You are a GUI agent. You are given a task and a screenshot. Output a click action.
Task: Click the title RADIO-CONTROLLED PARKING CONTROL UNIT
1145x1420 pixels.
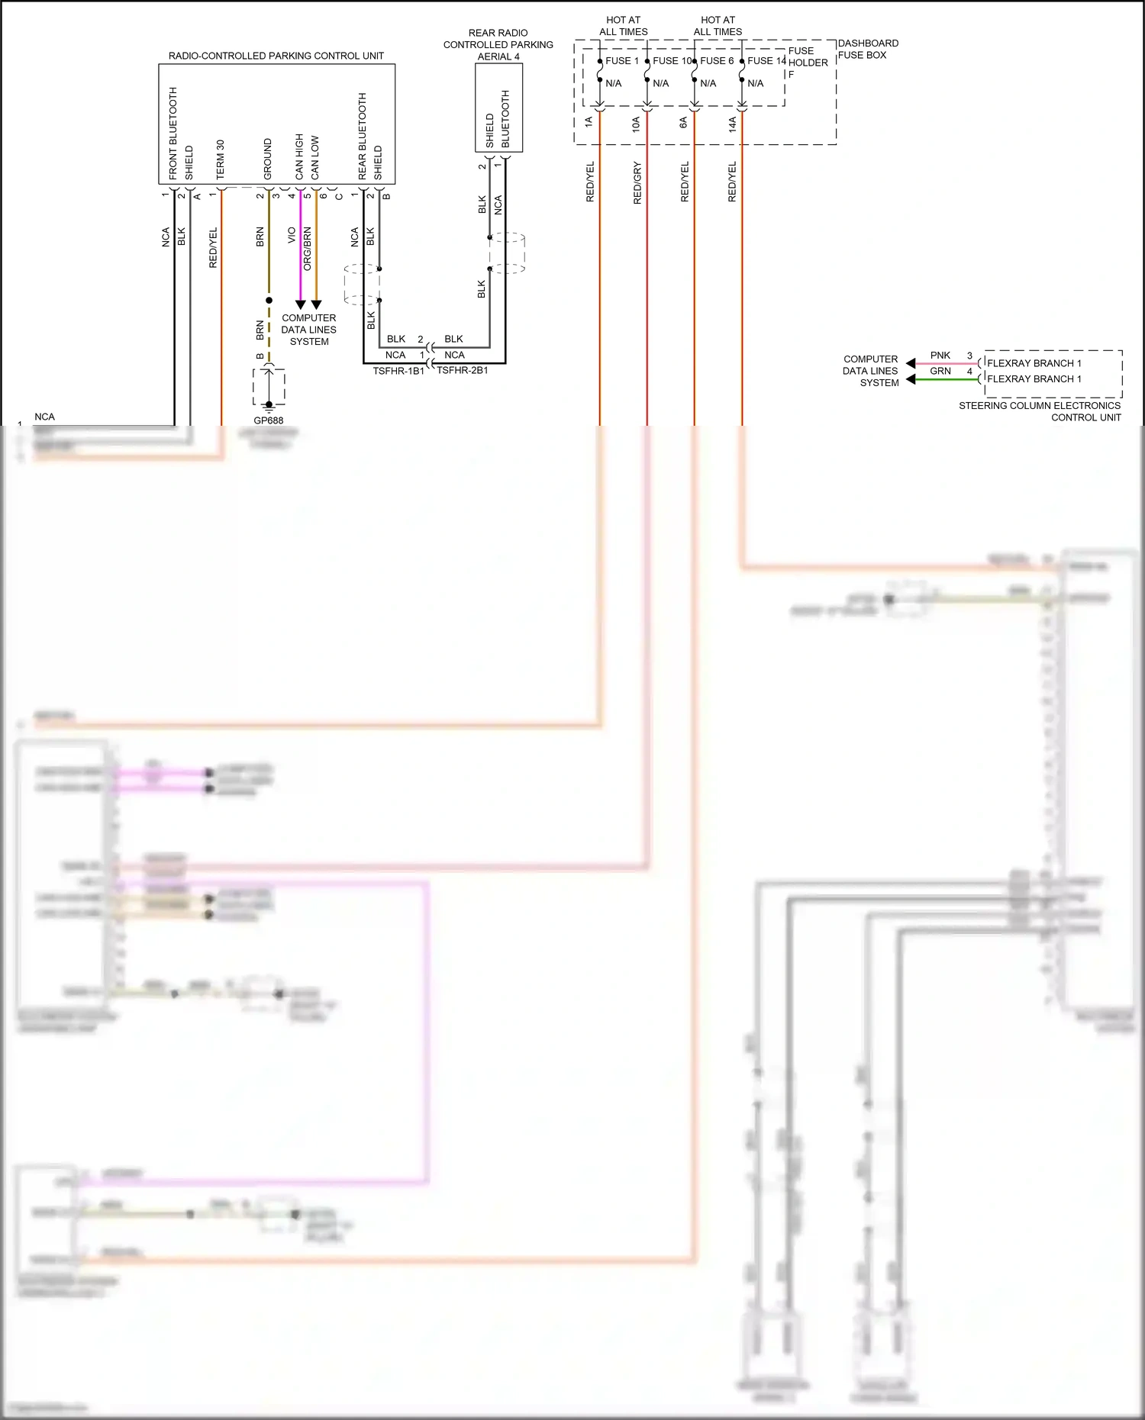pyautogui.click(x=276, y=56)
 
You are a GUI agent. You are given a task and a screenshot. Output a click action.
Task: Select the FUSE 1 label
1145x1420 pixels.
pyautogui.click(x=621, y=61)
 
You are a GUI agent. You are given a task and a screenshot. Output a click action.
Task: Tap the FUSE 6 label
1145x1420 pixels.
pyautogui.click(x=716, y=61)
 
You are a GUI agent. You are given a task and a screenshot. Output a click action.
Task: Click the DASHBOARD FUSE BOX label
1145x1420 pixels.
pyautogui.click(x=868, y=49)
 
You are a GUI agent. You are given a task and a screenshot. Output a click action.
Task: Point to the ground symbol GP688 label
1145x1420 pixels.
pyautogui.click(x=269, y=420)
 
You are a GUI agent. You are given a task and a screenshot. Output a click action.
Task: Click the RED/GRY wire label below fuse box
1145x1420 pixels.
pyautogui.click(x=637, y=183)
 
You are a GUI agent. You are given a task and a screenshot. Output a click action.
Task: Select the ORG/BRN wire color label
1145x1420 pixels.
pyautogui.click(x=308, y=249)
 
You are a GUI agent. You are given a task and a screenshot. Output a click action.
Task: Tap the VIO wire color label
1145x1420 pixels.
pyautogui.click(x=292, y=236)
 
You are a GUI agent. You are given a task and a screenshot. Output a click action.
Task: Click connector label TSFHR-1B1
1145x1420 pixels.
pyautogui.click(x=398, y=371)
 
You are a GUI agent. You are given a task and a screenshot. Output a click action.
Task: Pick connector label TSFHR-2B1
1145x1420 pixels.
pyautogui.click(x=462, y=370)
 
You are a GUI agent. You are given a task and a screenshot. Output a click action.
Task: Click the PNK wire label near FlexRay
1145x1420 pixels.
pyautogui.click(x=940, y=356)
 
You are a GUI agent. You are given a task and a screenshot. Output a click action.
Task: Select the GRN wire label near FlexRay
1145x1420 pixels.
pyautogui.click(x=940, y=371)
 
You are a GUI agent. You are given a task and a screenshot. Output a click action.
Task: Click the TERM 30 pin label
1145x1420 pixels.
pyautogui.click(x=221, y=159)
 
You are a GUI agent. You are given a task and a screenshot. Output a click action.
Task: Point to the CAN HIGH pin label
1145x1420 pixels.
pyautogui.click(x=299, y=156)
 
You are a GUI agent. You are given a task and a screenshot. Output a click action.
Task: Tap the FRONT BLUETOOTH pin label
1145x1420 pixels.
pyautogui.click(x=173, y=134)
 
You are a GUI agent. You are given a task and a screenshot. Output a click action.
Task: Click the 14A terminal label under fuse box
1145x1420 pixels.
pyautogui.click(x=732, y=124)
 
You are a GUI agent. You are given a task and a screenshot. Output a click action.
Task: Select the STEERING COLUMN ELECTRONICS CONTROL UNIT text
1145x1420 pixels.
pyautogui.click(x=1040, y=411)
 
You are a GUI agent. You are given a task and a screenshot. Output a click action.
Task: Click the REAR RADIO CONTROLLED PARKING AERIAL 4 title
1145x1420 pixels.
pyautogui.click(x=498, y=44)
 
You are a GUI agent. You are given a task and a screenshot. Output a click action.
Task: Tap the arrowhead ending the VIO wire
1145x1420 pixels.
pyautogui.click(x=301, y=304)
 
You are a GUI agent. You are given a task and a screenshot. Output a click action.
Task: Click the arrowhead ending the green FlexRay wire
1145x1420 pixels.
pyautogui.click(x=911, y=379)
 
